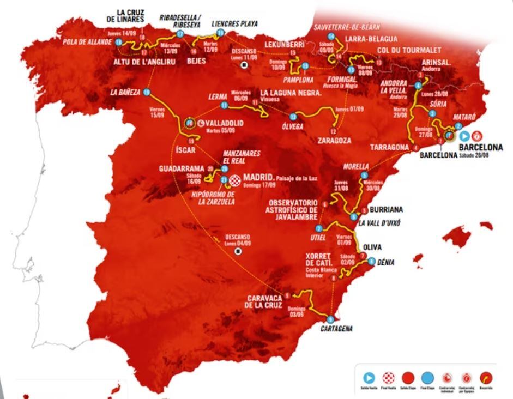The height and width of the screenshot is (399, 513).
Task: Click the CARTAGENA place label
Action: (336, 329)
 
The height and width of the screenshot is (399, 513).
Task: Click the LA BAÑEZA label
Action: (125, 92)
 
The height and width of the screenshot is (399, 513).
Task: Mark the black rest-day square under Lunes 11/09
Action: (244, 65)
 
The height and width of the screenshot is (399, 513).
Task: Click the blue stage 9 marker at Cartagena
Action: (330, 319)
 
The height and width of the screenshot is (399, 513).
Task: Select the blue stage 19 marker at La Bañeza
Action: (147, 93)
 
